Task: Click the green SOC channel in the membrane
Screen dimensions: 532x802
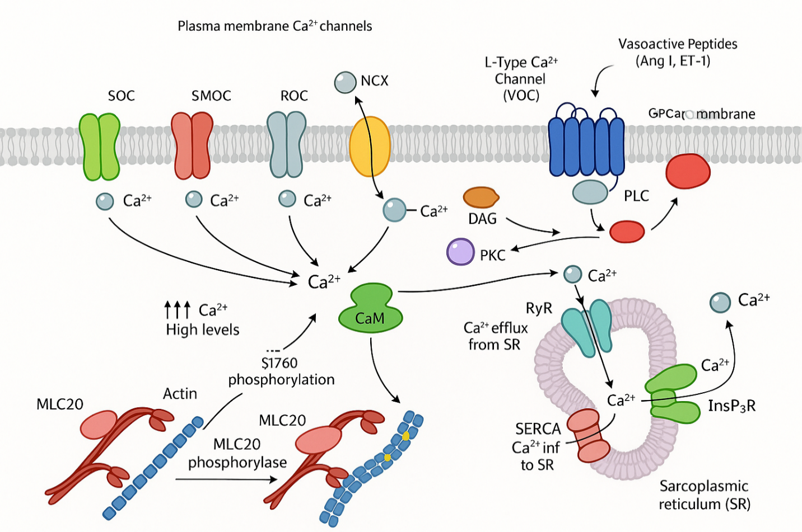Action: pos(100,147)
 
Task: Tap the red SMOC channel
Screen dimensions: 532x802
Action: pos(192,145)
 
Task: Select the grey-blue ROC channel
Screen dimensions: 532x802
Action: pos(286,144)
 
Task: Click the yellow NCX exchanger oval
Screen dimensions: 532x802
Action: pos(370,147)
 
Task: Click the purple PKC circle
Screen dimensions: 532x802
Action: pos(460,252)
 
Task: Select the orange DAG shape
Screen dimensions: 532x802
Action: pos(481,197)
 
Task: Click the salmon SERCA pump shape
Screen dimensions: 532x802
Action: pos(588,435)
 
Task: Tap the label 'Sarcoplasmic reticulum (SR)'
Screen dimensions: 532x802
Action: pos(704,495)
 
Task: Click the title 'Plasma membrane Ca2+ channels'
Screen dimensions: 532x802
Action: pos(274,26)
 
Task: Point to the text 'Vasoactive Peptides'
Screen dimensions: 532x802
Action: pos(678,44)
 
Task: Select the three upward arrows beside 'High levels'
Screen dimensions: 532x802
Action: pos(177,309)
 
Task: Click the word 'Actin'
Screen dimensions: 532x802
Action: pos(180,394)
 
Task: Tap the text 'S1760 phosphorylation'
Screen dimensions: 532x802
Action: pos(281,371)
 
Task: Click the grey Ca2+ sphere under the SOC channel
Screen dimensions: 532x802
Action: pos(105,201)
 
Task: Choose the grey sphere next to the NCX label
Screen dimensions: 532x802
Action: pos(345,82)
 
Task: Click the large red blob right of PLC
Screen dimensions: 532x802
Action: pos(688,171)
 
